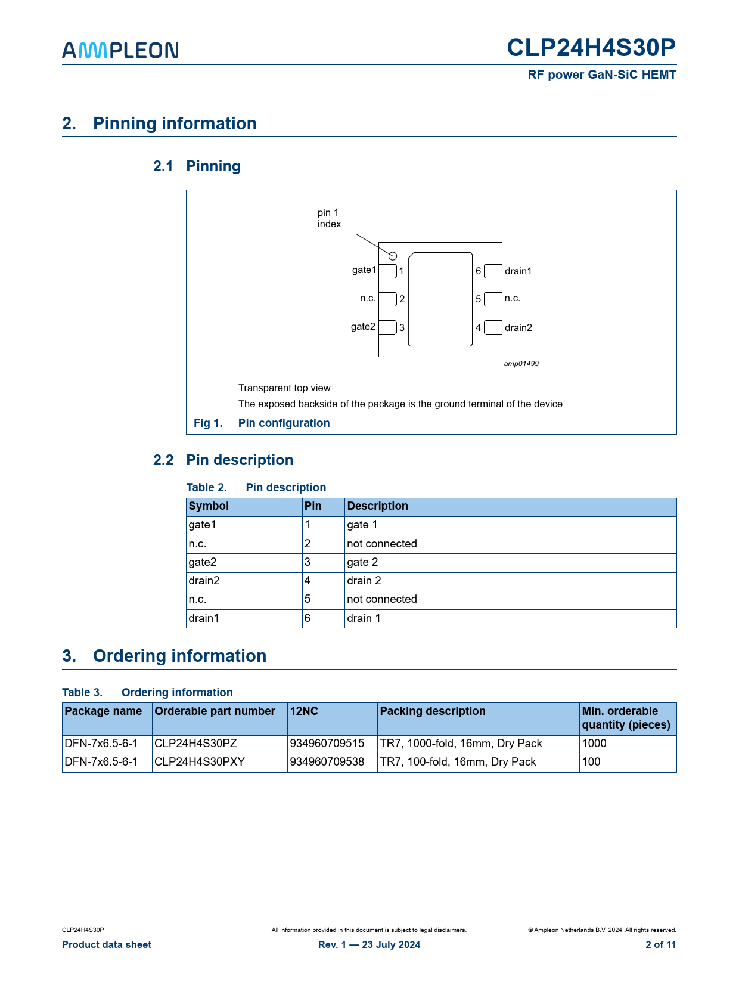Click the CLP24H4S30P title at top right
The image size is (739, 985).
point(591,48)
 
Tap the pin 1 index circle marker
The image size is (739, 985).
point(393,256)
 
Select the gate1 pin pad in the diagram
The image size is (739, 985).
point(387,271)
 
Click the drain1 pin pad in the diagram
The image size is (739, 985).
point(493,271)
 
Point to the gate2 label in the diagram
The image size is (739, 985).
point(363,327)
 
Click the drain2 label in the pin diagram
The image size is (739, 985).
point(518,327)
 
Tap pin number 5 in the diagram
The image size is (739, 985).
point(478,299)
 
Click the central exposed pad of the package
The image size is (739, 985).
point(440,299)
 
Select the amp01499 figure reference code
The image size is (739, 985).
point(521,364)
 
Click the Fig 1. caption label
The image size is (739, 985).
point(208,423)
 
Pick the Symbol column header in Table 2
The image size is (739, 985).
point(209,506)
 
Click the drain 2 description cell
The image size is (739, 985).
point(364,581)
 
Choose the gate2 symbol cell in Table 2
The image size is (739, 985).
point(203,562)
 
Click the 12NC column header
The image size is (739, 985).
point(304,711)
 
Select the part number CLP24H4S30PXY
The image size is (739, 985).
point(200,762)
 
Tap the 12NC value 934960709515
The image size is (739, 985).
point(327,744)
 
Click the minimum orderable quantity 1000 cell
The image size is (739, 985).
point(594,744)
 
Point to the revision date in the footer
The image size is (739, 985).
point(369,944)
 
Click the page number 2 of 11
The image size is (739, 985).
point(660,944)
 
